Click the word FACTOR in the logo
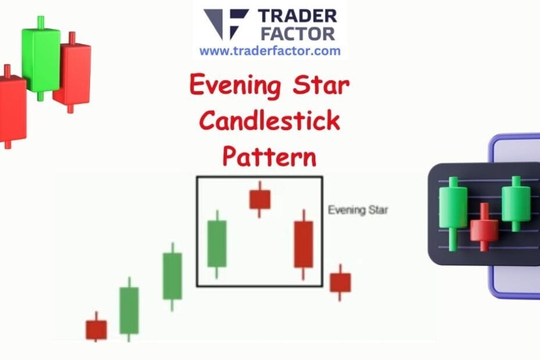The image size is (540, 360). pos(297,33)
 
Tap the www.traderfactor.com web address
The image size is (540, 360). pos(270,51)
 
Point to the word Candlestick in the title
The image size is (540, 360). pos(269,121)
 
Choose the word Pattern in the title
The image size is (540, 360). pos(269,157)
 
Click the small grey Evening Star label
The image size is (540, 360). pos(358,210)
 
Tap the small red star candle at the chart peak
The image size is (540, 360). pos(260,199)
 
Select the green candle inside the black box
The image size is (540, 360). pos(217,244)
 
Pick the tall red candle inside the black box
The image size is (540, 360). pos(303,244)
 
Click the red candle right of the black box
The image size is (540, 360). pos(340,282)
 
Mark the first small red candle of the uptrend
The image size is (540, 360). pos(96,329)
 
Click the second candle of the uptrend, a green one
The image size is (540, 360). pos(129,310)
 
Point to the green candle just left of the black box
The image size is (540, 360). pos(172,276)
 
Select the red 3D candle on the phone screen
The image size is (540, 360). pos(484,229)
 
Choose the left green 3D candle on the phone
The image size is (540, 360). pos(453,207)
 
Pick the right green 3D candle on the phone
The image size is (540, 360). pos(516,203)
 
